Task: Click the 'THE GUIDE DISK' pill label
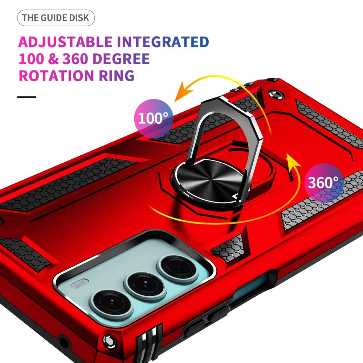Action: (x=56, y=18)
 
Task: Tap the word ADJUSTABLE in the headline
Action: (x=65, y=42)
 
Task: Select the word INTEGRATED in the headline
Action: (x=163, y=42)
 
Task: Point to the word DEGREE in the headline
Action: (x=123, y=59)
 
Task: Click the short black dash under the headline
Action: (x=27, y=97)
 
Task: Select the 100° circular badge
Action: (x=153, y=118)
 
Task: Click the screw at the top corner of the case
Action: (x=274, y=95)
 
